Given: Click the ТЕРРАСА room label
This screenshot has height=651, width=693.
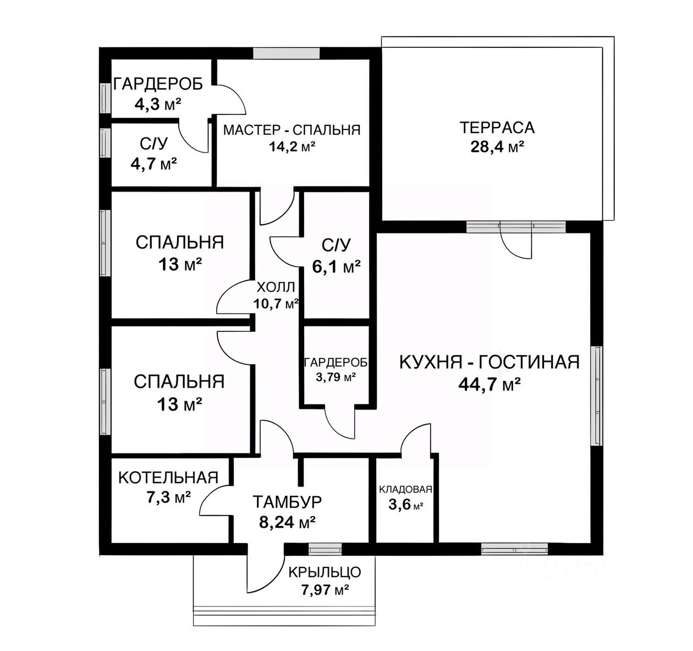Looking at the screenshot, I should (x=497, y=128).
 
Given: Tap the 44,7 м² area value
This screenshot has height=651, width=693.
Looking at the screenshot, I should (x=490, y=384).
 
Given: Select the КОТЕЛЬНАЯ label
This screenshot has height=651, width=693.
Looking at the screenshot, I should (x=168, y=477).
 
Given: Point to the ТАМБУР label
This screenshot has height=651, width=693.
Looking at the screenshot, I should (x=287, y=502).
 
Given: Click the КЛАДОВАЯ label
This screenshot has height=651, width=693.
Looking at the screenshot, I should (x=406, y=490).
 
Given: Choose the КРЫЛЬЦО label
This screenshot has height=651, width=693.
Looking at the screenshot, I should (x=324, y=572).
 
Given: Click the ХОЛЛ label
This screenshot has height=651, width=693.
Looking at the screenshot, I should (x=276, y=287).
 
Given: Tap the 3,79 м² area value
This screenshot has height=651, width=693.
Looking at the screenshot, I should (x=334, y=378).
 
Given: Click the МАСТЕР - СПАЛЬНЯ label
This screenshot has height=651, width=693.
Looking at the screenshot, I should (x=291, y=130).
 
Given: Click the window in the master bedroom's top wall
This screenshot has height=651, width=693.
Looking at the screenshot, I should (x=286, y=53).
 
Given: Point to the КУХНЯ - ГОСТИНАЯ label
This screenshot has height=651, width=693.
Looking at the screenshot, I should (x=489, y=362).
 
